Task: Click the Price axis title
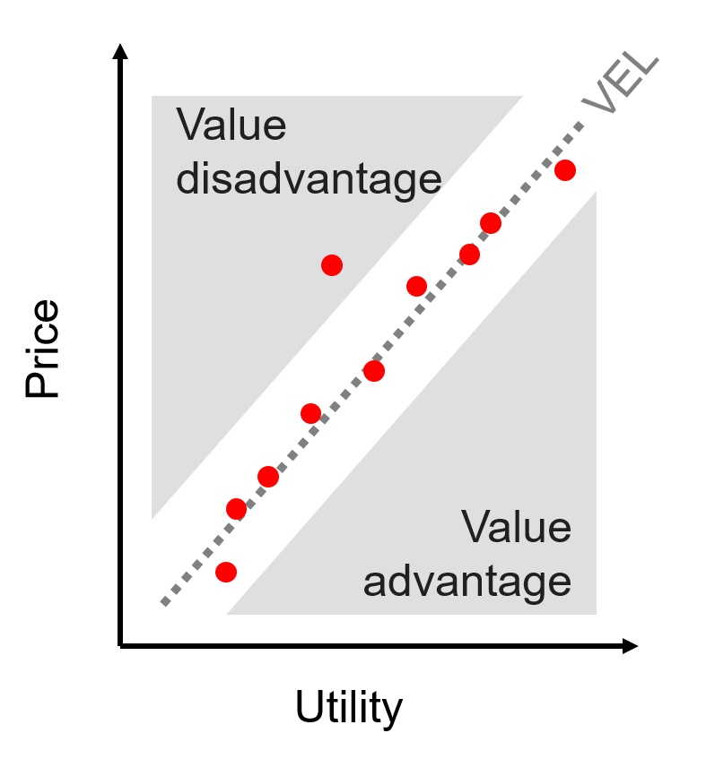(42, 349)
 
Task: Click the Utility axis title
(349, 708)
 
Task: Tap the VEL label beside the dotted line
(620, 82)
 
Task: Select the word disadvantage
(309, 179)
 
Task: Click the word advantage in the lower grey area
(467, 582)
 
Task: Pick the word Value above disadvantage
(231, 125)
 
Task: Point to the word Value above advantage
(516, 527)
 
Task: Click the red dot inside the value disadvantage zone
(332, 265)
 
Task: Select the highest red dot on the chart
(565, 170)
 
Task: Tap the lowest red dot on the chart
(226, 572)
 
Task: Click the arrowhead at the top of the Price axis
(120, 51)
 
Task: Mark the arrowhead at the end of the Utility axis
(630, 646)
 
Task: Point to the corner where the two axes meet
(120, 646)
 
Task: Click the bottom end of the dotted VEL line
(164, 604)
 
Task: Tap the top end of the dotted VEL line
(580, 125)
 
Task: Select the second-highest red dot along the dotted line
(491, 223)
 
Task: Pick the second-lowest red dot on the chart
(237, 509)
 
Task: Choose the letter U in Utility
(309, 706)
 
